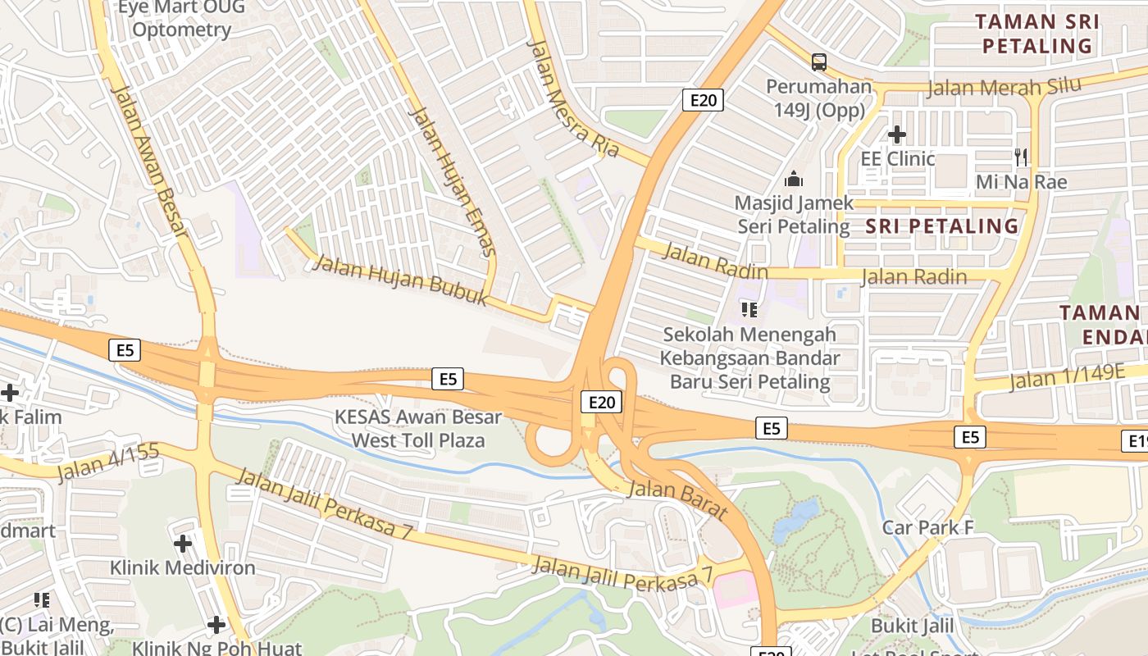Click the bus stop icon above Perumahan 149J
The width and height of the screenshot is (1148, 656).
[818, 61]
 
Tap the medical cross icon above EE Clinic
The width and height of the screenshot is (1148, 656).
[896, 134]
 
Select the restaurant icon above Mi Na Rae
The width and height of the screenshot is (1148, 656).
[1021, 157]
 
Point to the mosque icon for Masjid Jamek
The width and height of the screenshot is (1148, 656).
[793, 178]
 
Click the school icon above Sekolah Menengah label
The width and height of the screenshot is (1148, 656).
[749, 309]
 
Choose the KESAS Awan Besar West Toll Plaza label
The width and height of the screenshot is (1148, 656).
[418, 428]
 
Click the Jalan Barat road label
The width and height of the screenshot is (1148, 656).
[677, 499]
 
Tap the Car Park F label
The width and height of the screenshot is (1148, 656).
[927, 527]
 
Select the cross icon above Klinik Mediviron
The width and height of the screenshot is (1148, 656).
[183, 543]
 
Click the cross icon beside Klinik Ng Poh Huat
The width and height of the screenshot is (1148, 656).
[216, 625]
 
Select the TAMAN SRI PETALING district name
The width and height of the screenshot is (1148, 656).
[1037, 33]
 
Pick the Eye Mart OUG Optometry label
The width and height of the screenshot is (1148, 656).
[181, 20]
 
